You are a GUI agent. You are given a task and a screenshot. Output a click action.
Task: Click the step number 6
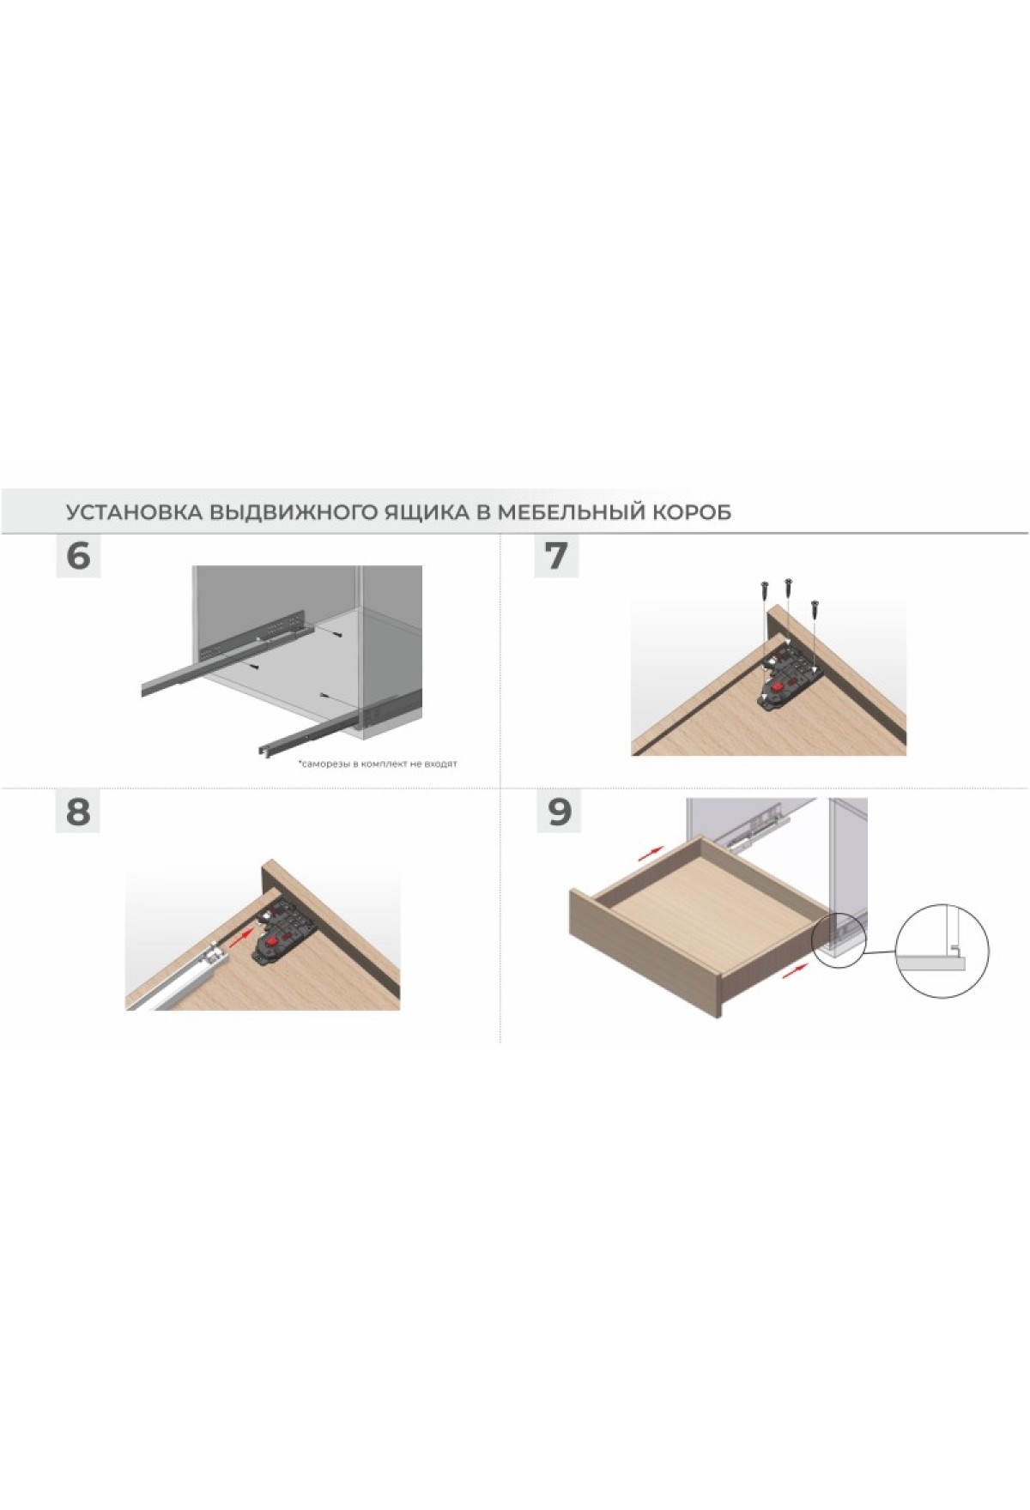(78, 556)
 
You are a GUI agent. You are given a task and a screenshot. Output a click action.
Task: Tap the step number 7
(557, 556)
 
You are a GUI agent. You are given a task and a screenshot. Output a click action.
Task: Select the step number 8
(78, 811)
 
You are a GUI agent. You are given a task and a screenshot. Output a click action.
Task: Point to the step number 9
(559, 811)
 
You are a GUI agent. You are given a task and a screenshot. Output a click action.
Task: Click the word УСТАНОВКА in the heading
(135, 512)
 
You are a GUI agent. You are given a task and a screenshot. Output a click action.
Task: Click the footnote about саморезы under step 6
(378, 764)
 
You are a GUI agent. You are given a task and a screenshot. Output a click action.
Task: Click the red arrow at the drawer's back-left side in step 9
(651, 852)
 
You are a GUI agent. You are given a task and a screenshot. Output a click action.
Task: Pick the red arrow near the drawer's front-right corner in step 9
(797, 968)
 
